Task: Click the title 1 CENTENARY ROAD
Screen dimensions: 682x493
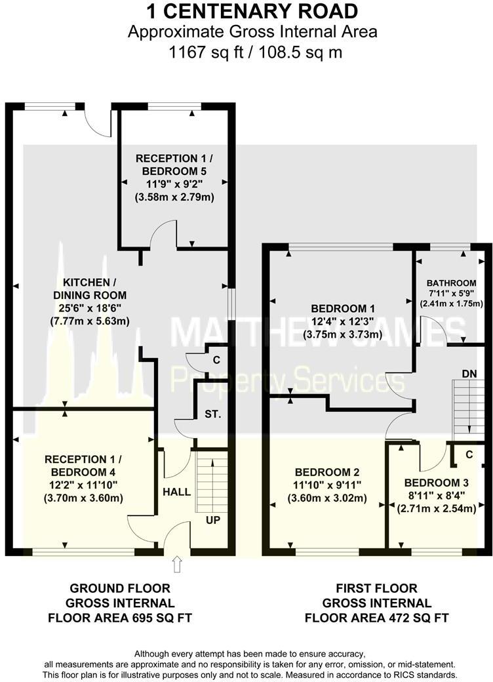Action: [x=252, y=11]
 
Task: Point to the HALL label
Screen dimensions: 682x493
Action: [x=176, y=491]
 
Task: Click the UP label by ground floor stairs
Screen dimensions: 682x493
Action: [x=212, y=520]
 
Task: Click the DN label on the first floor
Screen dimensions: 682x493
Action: [x=469, y=372]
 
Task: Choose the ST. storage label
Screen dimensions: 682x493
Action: [x=212, y=414]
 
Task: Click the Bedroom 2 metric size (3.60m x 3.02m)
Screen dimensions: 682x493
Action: [x=326, y=498]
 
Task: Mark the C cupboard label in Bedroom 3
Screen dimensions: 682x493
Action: [x=469, y=454]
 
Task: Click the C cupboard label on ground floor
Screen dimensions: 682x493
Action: [x=216, y=360]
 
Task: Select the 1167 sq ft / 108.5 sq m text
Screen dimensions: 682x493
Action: [x=252, y=52]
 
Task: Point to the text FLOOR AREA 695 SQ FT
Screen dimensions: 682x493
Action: [x=120, y=617]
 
